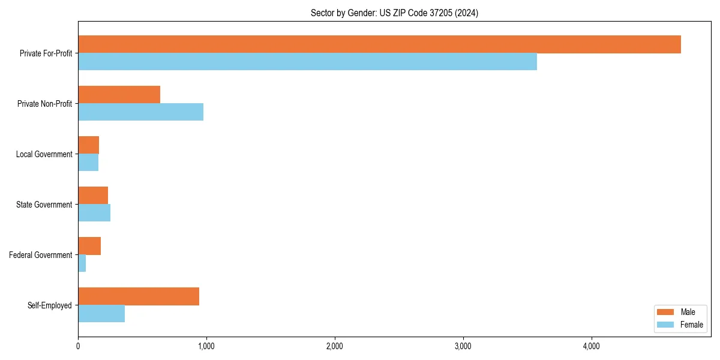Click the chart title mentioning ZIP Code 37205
click(x=394, y=13)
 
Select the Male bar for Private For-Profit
click(x=379, y=44)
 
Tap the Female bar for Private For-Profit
click(x=307, y=62)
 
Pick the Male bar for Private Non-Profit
click(x=119, y=95)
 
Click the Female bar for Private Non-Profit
click(x=140, y=112)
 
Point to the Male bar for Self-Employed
click(x=139, y=296)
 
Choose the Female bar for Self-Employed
click(x=101, y=314)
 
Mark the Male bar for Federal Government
click(x=89, y=246)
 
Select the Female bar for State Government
click(x=94, y=213)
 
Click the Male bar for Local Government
click(x=88, y=145)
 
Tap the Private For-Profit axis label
click(x=46, y=53)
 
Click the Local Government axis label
click(x=44, y=154)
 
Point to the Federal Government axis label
click(x=41, y=255)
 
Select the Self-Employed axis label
click(x=50, y=305)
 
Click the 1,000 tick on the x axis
click(x=206, y=346)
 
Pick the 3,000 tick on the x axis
click(x=463, y=346)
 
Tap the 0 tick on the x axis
click(x=78, y=346)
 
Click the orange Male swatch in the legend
click(x=665, y=313)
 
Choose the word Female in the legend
click(x=691, y=325)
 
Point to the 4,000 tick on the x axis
click(x=591, y=346)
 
